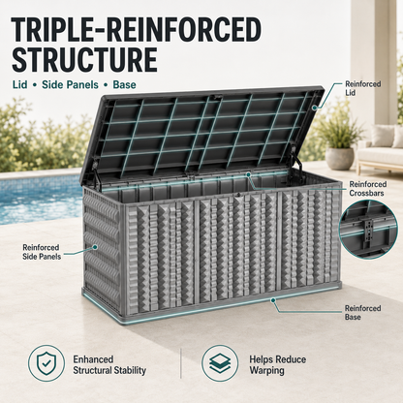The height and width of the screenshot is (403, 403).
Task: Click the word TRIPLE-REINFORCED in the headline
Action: click(x=136, y=30)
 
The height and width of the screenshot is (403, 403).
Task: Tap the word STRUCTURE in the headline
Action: click(x=84, y=60)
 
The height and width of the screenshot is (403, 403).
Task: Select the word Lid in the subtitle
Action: click(x=19, y=85)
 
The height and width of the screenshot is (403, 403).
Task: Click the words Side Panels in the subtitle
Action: click(x=70, y=85)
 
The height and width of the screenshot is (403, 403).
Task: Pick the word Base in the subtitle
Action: click(x=124, y=85)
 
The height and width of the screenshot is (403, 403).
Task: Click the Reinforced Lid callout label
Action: click(x=363, y=88)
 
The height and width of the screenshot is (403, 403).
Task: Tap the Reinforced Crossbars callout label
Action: click(x=367, y=189)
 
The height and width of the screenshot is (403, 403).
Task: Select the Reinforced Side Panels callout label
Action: click(x=42, y=252)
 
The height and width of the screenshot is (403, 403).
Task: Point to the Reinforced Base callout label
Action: click(x=362, y=313)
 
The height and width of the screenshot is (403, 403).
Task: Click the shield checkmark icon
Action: click(x=46, y=363)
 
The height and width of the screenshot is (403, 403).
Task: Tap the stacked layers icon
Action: click(x=220, y=363)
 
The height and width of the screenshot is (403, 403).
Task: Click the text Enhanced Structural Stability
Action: click(x=109, y=364)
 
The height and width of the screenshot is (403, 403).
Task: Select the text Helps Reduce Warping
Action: click(x=277, y=364)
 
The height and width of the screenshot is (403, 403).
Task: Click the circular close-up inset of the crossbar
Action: click(x=368, y=230)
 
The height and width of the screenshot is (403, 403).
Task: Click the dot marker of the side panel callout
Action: click(x=95, y=247)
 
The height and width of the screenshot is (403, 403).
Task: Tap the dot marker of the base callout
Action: click(x=273, y=300)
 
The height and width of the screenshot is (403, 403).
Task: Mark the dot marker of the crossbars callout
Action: click(x=248, y=174)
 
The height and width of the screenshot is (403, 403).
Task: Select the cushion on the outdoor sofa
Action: click(x=382, y=137)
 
